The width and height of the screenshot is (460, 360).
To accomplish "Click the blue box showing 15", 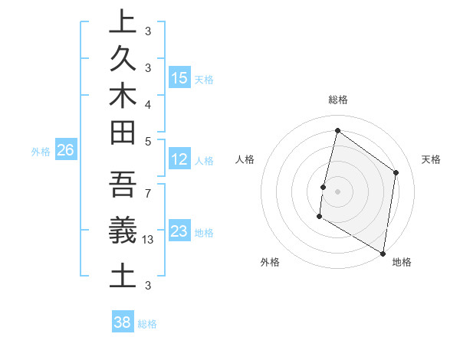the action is coord(179,78).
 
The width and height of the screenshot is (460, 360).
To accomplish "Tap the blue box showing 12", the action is coord(179,160).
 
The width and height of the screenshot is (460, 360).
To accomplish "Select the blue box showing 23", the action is coord(179,231).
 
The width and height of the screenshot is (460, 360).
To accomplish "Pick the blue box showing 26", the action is coord(65,150).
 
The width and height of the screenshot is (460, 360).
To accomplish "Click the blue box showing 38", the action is coord(123,322).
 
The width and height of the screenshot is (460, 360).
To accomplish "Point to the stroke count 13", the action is coord(148,240).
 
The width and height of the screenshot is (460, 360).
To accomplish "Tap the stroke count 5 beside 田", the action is coord(148,141).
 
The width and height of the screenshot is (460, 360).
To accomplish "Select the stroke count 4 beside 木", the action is coord(148,103).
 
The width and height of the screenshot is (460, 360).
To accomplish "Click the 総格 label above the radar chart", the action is coord(337,100).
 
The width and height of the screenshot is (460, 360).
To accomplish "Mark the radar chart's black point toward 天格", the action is coord(396,172).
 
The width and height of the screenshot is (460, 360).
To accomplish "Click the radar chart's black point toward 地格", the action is coord(383,253).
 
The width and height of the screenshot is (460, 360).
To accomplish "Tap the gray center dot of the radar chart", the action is coord(337,191).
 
